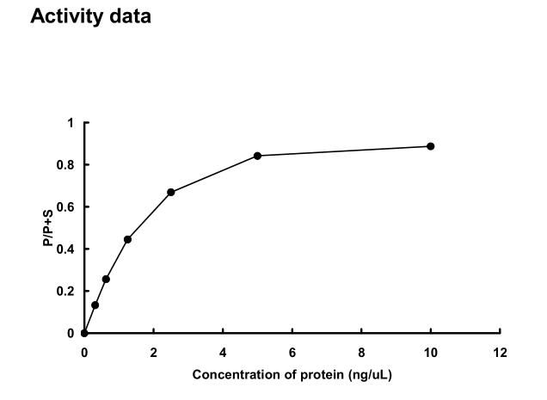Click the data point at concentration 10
pyautogui.click(x=430, y=146)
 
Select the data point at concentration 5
pyautogui.click(x=257, y=156)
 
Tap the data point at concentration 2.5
pyautogui.click(x=171, y=192)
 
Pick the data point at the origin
pyautogui.click(x=84, y=333)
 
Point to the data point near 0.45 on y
pyautogui.click(x=127, y=239)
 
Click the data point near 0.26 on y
pyautogui.click(x=106, y=279)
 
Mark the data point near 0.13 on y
pyautogui.click(x=95, y=305)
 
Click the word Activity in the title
pyautogui.click(x=65, y=16)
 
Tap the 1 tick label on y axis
pyautogui.click(x=71, y=123)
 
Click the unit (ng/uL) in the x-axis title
pyautogui.click(x=367, y=375)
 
